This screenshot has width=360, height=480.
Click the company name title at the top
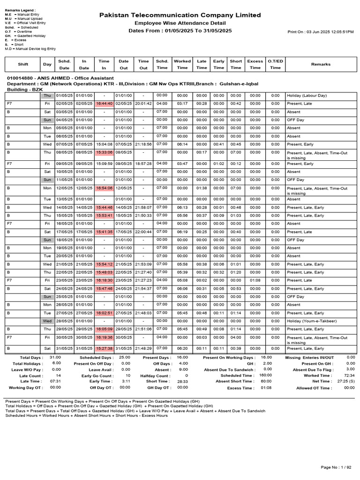[x=180, y=15]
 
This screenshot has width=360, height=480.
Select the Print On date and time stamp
[x=321, y=32]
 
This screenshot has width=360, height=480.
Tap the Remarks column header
[x=321, y=64]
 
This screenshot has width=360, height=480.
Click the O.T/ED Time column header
[x=275, y=64]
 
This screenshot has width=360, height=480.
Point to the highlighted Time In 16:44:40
[x=104, y=104]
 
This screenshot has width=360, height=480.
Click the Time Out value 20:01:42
[x=143, y=104]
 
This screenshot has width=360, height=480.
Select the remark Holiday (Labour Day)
[x=307, y=96]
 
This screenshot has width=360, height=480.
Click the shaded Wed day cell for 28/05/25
[x=47, y=321]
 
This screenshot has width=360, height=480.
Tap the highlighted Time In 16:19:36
[x=104, y=337]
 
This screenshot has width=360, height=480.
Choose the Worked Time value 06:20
[x=182, y=349]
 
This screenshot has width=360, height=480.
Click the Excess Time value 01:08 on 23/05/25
[x=255, y=281]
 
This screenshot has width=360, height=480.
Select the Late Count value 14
[x=58, y=375]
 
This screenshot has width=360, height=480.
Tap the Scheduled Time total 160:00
[x=265, y=375]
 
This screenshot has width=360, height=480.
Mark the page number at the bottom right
[x=336, y=467]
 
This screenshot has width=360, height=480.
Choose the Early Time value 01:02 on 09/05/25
[x=218, y=164]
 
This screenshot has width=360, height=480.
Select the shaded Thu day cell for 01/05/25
[x=47, y=96]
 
